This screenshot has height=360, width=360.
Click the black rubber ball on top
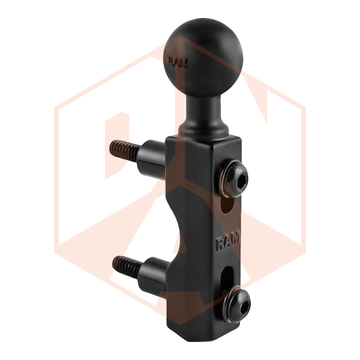pos(203,57)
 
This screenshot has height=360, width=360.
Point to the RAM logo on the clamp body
pos(228,241)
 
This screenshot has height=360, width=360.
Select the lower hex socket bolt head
pos(239,303)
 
